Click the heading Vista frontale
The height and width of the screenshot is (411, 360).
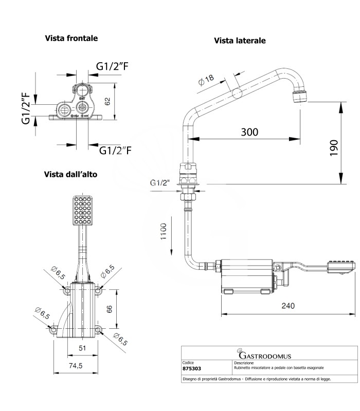(71, 38)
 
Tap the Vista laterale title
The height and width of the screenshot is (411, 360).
(240, 41)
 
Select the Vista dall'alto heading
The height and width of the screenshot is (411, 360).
(70, 174)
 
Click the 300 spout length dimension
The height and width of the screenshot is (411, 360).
(249, 132)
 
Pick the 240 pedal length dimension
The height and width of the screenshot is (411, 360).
(289, 306)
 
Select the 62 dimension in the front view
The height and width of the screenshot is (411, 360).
(107, 101)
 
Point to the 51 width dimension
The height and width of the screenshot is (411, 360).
(82, 348)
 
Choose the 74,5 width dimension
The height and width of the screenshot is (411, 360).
(77, 365)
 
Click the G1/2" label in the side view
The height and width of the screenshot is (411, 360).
(159, 183)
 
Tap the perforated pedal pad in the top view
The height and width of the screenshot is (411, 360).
(82, 211)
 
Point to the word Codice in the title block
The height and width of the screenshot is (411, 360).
(189, 363)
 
